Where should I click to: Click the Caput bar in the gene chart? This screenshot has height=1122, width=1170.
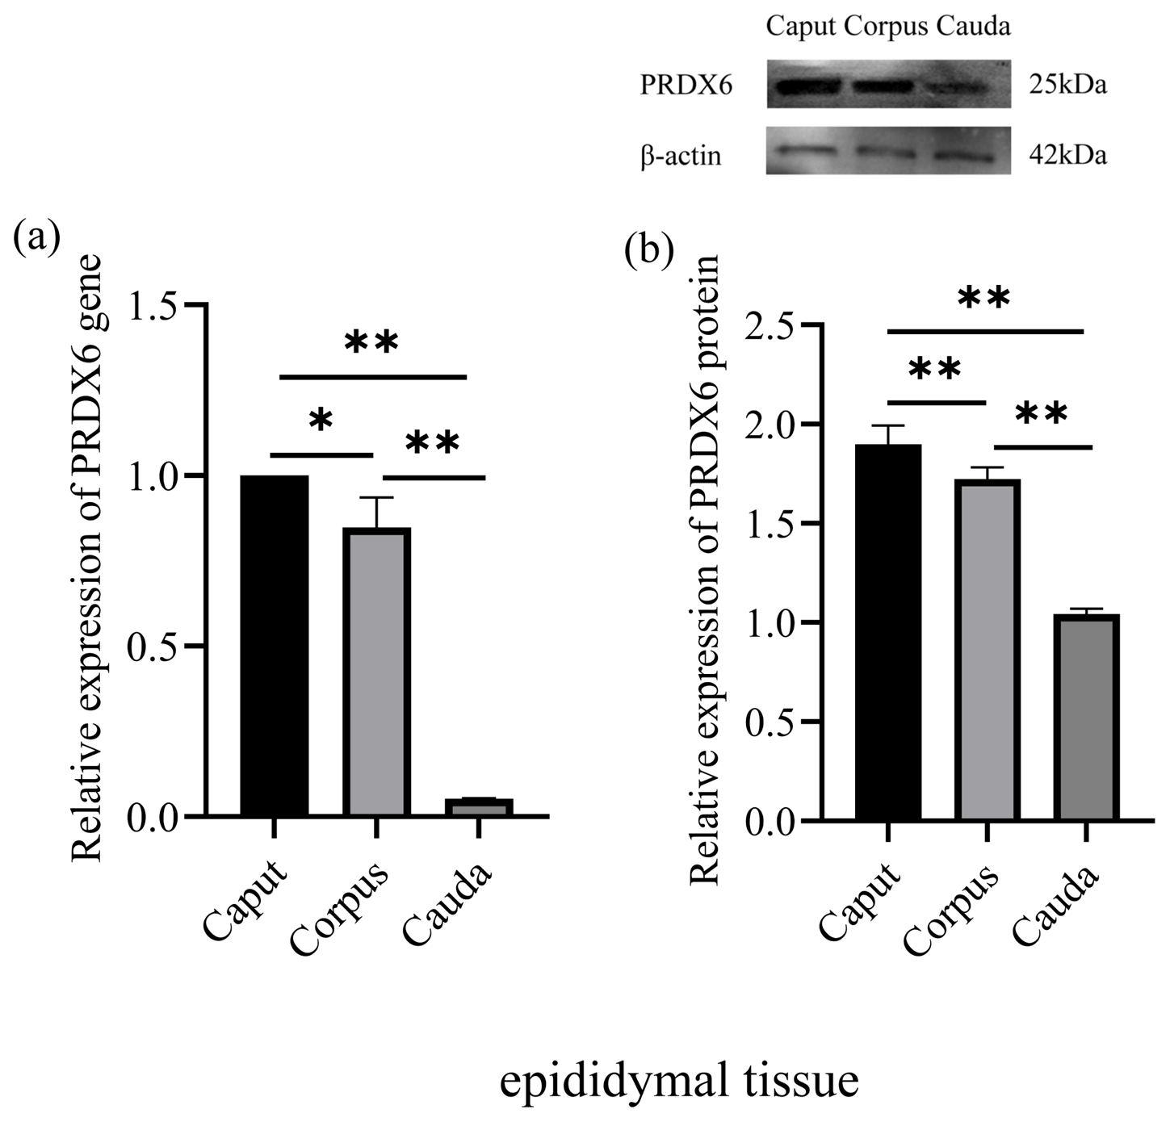pyautogui.click(x=275, y=646)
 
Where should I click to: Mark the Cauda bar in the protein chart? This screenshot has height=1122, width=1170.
pyautogui.click(x=1085, y=718)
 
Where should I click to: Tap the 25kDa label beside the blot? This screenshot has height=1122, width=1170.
pyautogui.click(x=1067, y=84)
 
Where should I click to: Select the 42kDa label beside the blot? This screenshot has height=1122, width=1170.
pyautogui.click(x=1067, y=154)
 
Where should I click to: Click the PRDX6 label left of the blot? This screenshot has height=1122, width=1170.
pyautogui.click(x=686, y=85)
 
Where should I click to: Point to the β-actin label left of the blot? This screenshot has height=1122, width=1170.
pyautogui.click(x=681, y=155)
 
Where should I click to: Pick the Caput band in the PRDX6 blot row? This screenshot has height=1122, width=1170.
pyautogui.click(x=805, y=85)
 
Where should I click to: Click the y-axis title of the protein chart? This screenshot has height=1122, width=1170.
pyautogui.click(x=707, y=569)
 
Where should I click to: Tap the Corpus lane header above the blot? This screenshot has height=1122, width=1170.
pyautogui.click(x=886, y=27)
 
